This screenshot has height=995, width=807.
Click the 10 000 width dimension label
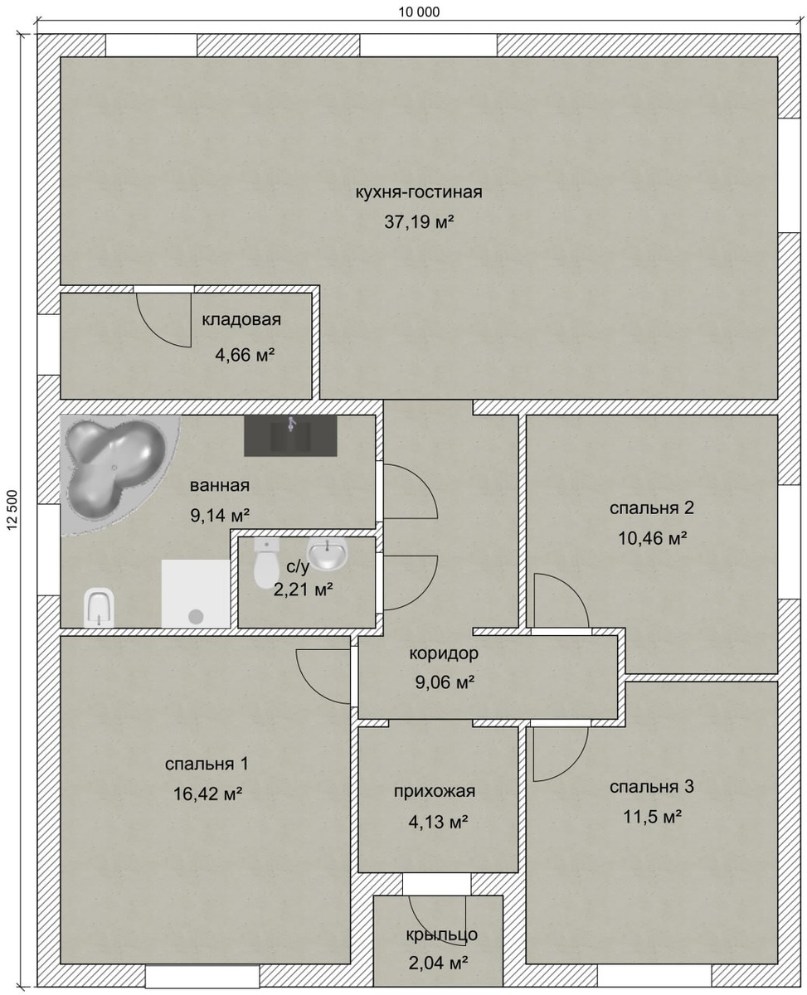[x=419, y=12]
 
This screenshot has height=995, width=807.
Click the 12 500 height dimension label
[x=12, y=510]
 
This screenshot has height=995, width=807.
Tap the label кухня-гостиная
[x=419, y=192]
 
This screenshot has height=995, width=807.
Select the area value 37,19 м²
[x=419, y=222]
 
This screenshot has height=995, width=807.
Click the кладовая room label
[x=241, y=320]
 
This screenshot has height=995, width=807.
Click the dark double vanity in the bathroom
[x=290, y=436]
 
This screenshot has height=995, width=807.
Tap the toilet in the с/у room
[x=266, y=562]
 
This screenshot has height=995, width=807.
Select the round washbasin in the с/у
[x=328, y=553]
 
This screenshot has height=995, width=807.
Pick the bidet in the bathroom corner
[x=99, y=607]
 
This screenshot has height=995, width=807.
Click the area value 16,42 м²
[x=207, y=793]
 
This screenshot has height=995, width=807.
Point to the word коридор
[x=444, y=653]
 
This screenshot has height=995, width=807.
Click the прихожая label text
[x=434, y=791]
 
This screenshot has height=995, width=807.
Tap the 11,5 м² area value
[x=651, y=817]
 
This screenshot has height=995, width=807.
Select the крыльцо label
[x=441, y=934]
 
